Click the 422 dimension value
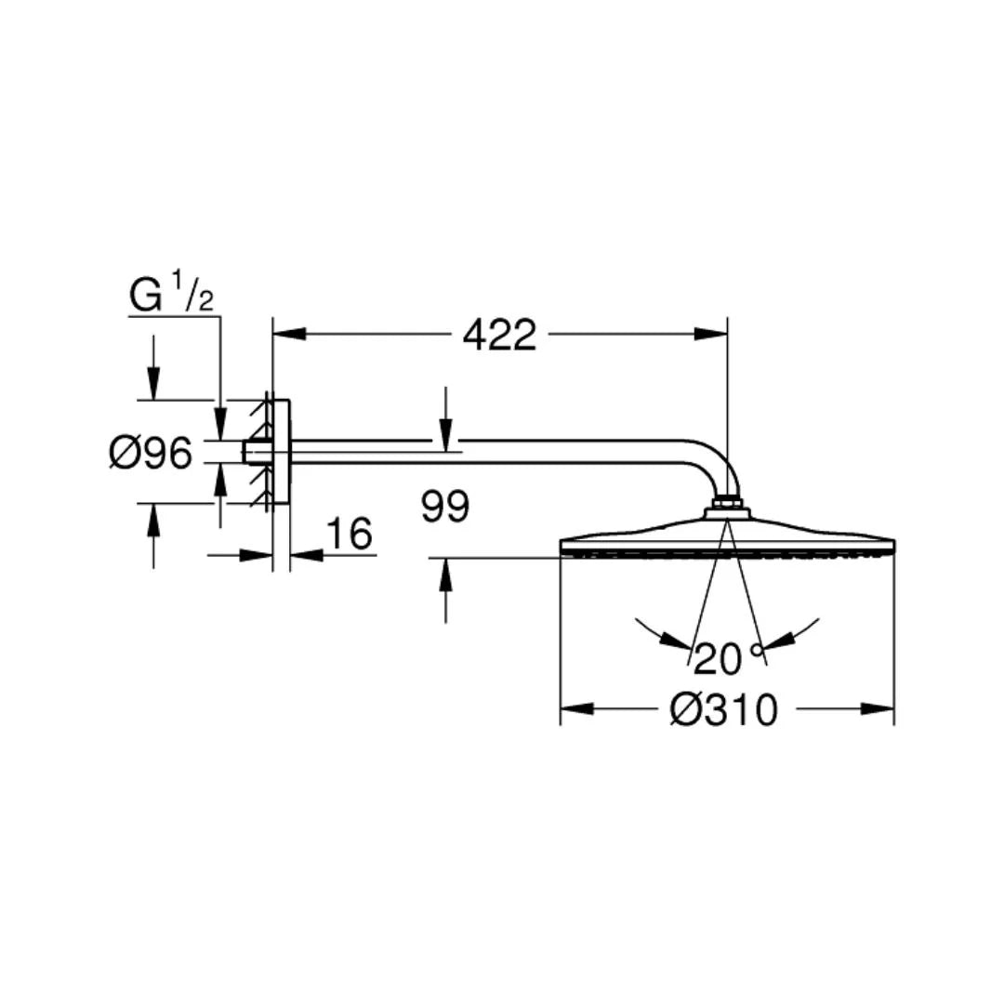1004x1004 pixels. point(499,335)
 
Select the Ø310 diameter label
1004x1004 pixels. point(722,711)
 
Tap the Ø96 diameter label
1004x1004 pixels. point(151,454)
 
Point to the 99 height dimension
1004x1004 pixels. point(445,508)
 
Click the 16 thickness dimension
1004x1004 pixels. point(350,535)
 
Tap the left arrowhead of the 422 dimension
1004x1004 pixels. point(288,333)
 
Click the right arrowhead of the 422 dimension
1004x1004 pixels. point(710,333)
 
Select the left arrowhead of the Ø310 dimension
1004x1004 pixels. point(577,709)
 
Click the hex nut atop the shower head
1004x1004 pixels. point(727,508)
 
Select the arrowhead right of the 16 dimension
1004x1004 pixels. point(306,555)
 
